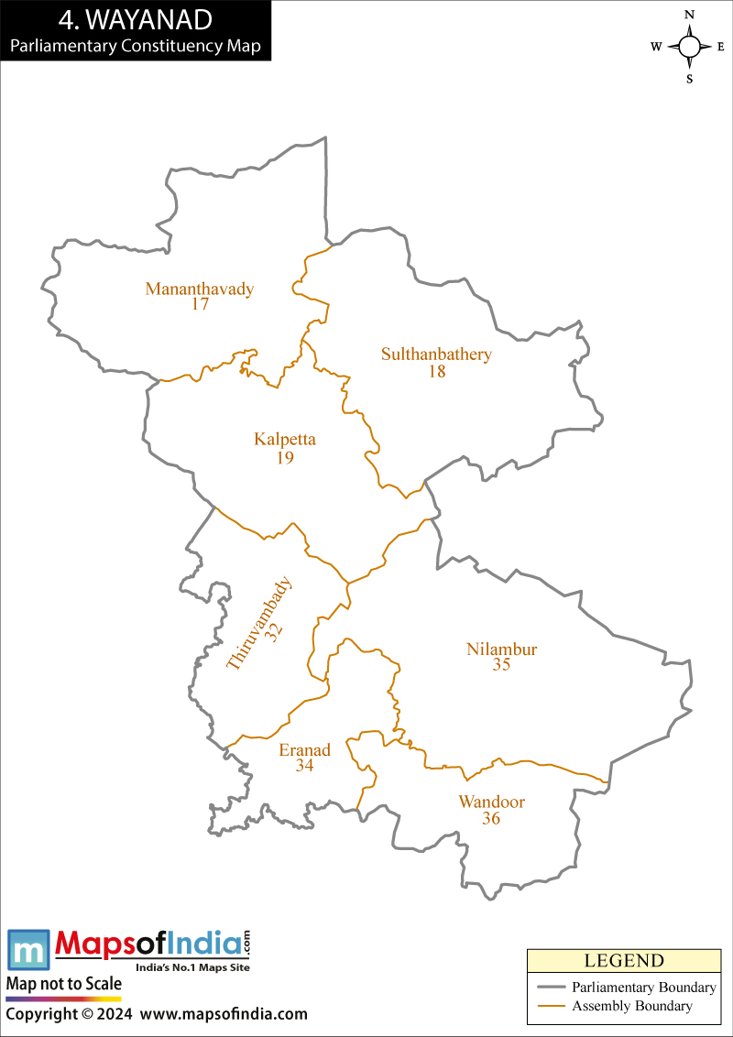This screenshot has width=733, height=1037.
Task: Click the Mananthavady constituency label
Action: pyautogui.click(x=200, y=289)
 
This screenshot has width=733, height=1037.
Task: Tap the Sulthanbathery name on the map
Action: pyautogui.click(x=436, y=355)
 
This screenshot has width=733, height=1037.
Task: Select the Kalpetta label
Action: pyautogui.click(x=285, y=440)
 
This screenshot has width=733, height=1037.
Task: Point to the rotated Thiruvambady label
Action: pyautogui.click(x=257, y=624)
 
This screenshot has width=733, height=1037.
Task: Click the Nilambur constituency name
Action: pyautogui.click(x=501, y=649)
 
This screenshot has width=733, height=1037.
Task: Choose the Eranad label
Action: pyautogui.click(x=304, y=750)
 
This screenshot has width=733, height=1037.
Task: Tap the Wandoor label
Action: pyautogui.click(x=492, y=802)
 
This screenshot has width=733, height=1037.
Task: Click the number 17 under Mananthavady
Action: pyautogui.click(x=201, y=304)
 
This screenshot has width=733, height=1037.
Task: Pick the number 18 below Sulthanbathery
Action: pyautogui.click(x=436, y=371)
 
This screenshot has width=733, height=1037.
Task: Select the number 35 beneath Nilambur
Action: pyautogui.click(x=501, y=666)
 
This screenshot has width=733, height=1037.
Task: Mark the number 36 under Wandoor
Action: pyautogui.click(x=491, y=818)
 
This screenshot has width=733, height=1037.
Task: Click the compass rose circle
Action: pyautogui.click(x=689, y=47)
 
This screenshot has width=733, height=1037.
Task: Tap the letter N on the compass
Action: pyautogui.click(x=690, y=15)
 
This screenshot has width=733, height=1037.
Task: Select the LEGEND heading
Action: pyautogui.click(x=623, y=961)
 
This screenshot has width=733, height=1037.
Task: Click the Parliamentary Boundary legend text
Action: pyautogui.click(x=643, y=988)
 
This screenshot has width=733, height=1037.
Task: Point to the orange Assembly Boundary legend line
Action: pyautogui.click(x=550, y=1007)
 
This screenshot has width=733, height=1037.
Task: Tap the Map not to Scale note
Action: pyautogui.click(x=64, y=984)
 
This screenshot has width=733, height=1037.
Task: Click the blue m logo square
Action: pyautogui.click(x=28, y=950)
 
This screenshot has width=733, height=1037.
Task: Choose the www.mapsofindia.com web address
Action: pyautogui.click(x=224, y=1014)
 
